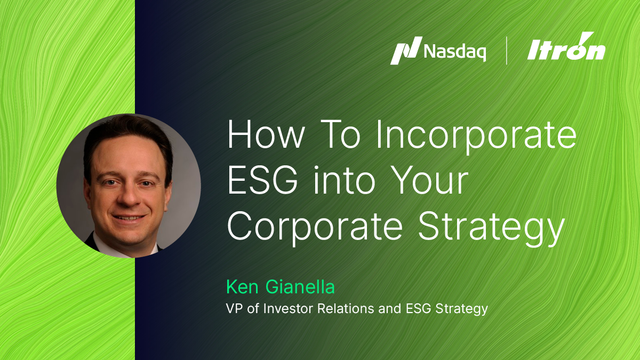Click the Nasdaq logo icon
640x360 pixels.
[404, 51]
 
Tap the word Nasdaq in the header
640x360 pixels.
[452, 51]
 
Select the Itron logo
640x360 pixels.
[568, 50]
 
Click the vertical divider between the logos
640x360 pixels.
[507, 51]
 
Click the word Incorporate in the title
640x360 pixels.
[484, 137]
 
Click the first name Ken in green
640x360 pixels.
[245, 283]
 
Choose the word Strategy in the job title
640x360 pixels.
[460, 309]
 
